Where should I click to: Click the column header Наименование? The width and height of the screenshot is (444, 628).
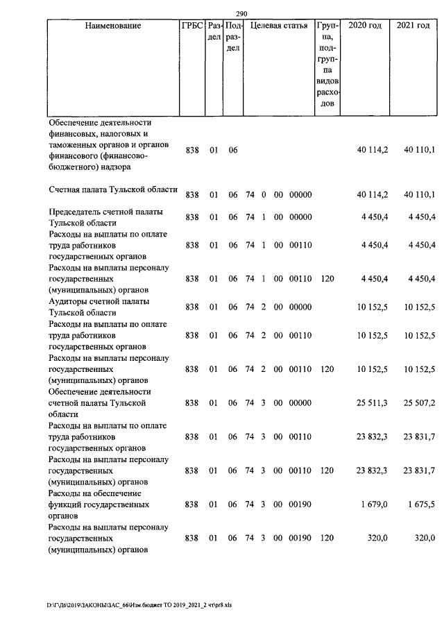tap(113, 26)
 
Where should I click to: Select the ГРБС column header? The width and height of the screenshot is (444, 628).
tap(192, 26)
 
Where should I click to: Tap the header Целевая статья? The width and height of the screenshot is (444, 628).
tap(278, 26)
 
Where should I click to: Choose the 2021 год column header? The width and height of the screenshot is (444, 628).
tap(413, 26)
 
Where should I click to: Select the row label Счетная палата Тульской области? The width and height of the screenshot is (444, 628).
tap(113, 189)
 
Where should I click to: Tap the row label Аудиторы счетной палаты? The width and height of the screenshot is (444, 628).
tap(99, 307)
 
